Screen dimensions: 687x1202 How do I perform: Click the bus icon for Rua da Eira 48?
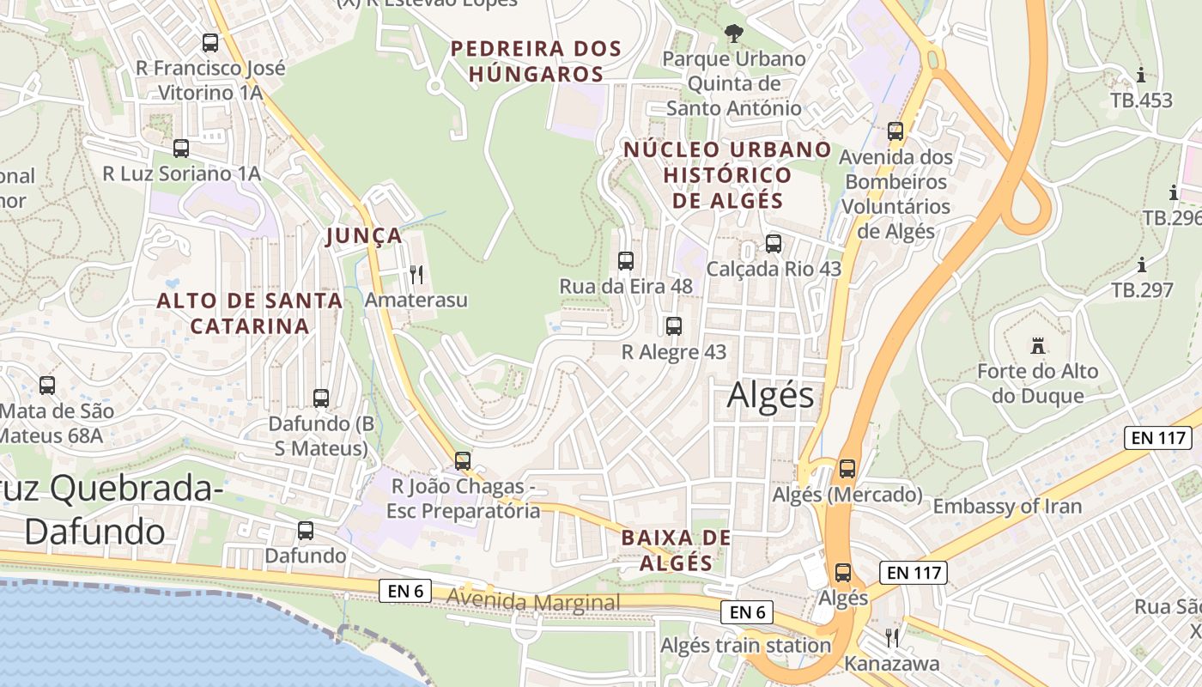[626, 260]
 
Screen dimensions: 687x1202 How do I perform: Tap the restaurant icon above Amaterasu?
[416, 275]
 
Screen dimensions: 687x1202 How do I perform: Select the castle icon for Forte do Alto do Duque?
[1038, 346]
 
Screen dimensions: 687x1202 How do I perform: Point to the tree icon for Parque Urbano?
[734, 33]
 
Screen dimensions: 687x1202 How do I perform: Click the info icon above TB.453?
[1141, 75]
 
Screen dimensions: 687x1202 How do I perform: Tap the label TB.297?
[1142, 290]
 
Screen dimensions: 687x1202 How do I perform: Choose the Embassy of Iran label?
[1007, 506]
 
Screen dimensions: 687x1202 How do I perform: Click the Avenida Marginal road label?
[533, 602]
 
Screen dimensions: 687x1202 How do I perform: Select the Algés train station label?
[745, 645]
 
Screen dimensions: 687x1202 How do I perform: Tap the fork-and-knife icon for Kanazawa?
[892, 637]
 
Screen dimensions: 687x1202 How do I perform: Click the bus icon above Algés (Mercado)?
[847, 469]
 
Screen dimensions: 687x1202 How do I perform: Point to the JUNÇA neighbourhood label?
[365, 236]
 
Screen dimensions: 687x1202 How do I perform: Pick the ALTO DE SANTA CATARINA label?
[250, 313]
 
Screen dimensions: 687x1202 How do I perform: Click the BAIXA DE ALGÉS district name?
[677, 550]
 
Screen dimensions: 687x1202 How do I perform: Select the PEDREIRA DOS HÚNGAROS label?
[537, 61]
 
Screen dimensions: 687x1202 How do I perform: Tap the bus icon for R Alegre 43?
[674, 326]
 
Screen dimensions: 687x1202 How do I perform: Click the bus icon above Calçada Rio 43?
[774, 244]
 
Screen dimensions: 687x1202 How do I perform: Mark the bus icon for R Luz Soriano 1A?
[181, 149]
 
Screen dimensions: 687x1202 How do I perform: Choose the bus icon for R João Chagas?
[463, 461]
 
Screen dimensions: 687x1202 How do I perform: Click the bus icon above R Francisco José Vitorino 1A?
[210, 43]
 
